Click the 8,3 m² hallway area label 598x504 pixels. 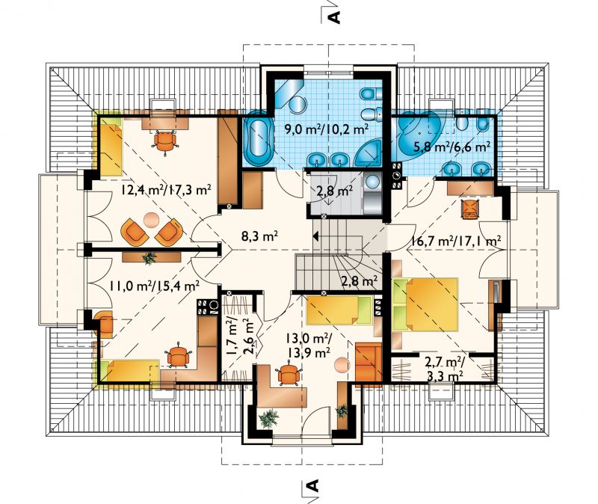tap(259, 236)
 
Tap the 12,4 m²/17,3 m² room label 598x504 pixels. tap(166, 189)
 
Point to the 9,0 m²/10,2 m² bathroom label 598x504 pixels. tap(327, 129)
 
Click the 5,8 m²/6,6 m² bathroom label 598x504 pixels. tap(452, 146)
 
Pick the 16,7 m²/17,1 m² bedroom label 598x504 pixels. tap(456, 241)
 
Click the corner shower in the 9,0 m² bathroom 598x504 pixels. tap(369, 153)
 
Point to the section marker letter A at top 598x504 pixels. tap(334, 17)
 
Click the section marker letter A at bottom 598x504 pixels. tap(312, 485)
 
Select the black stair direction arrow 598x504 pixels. tap(315, 236)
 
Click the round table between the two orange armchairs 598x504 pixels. tap(152, 220)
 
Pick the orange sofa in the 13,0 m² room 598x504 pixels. tap(369, 361)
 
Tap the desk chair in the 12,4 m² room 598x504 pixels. tap(165, 141)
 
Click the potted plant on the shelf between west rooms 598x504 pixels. tap(149, 258)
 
